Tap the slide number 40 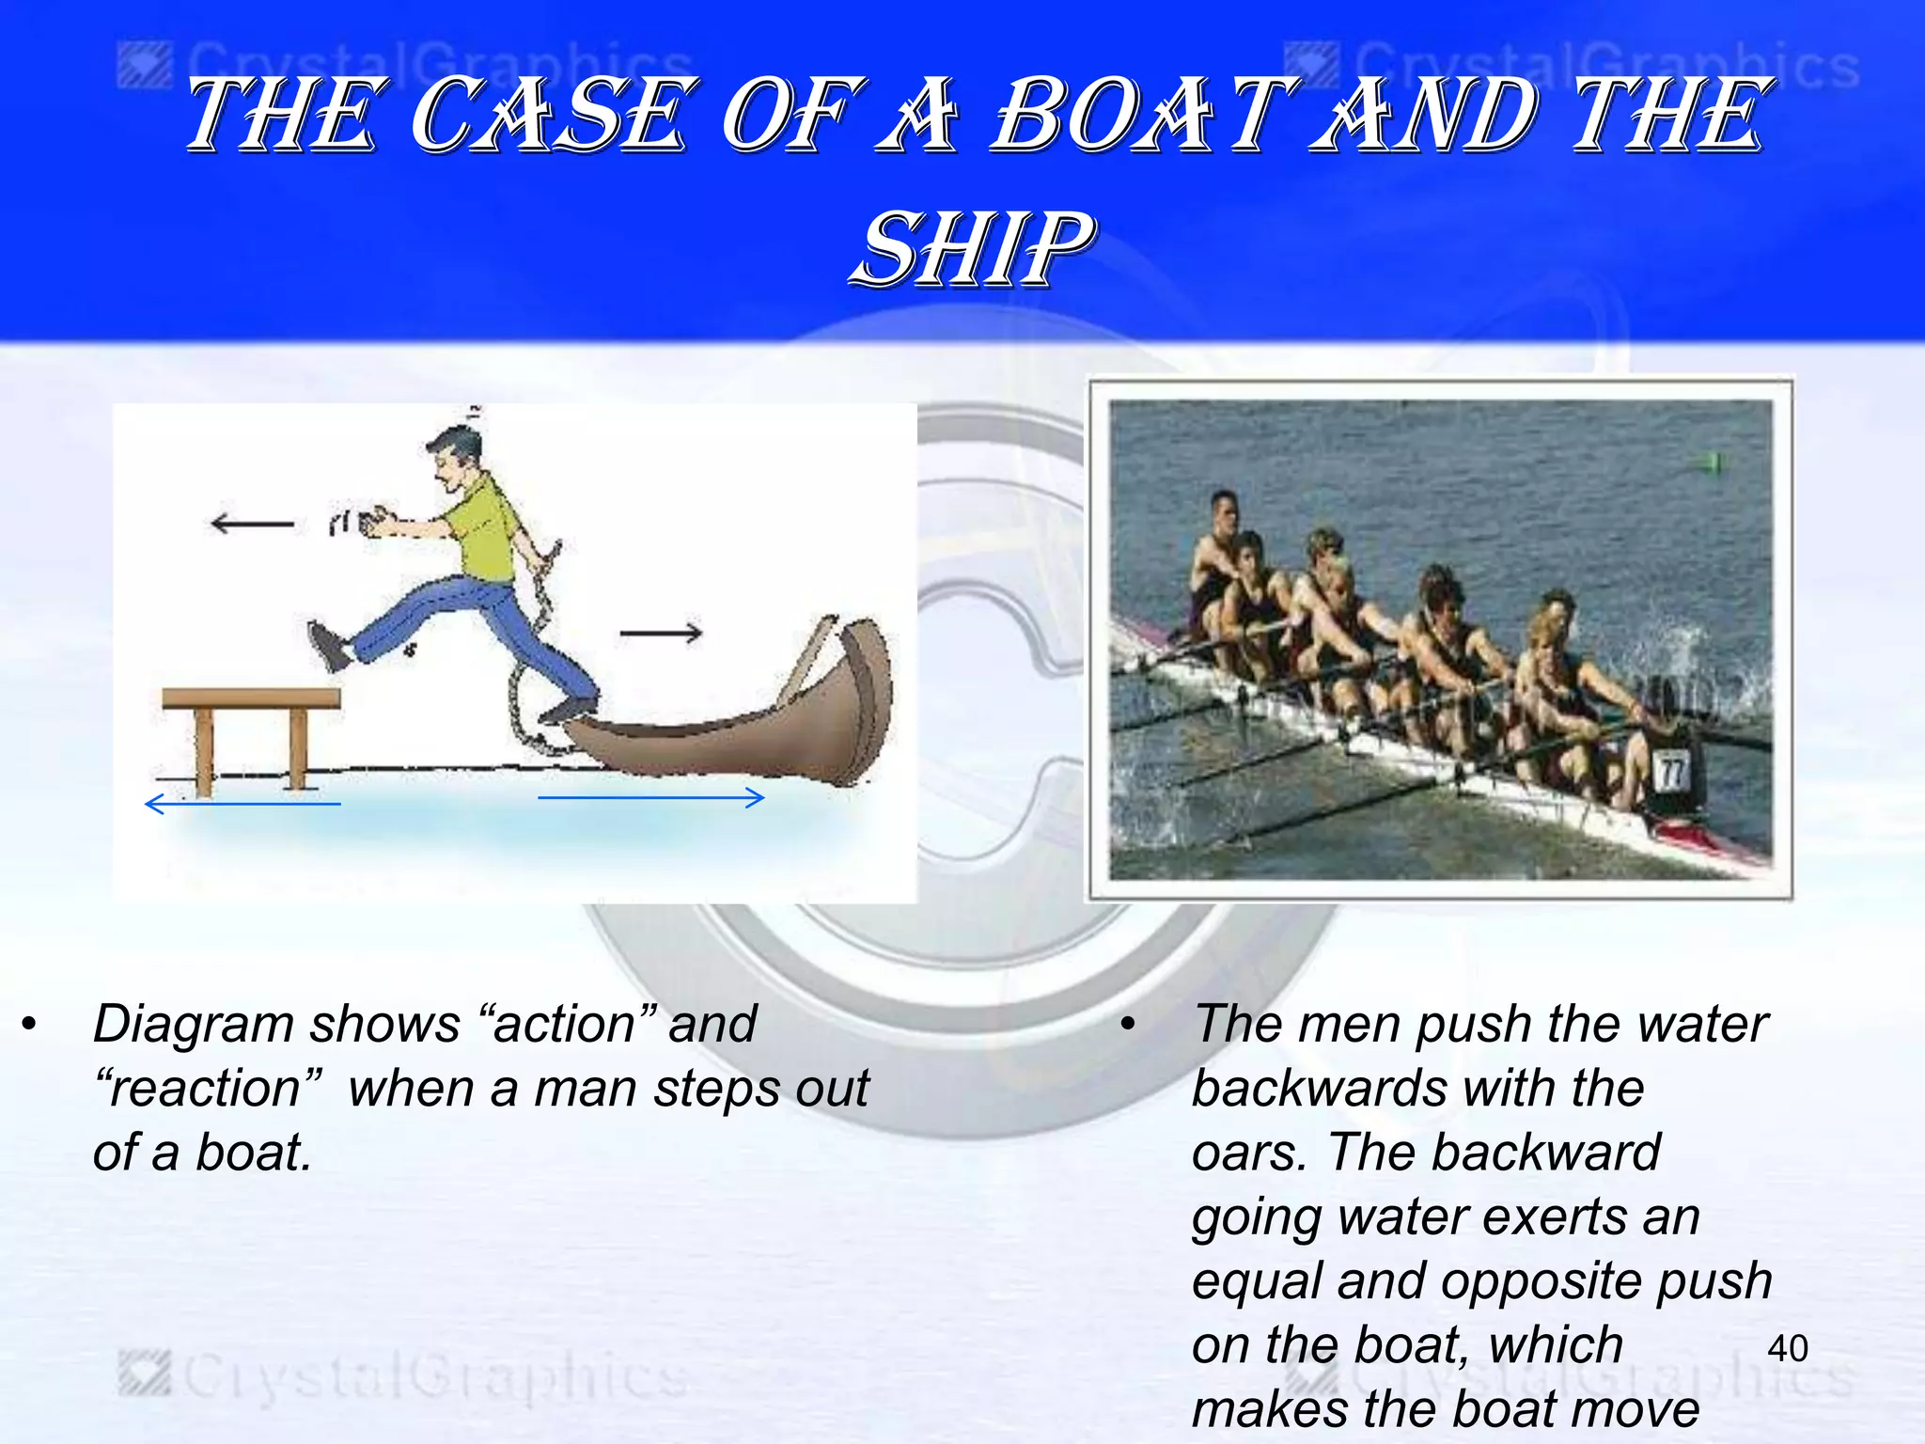pyautogui.click(x=1787, y=1349)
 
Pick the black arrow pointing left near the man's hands pyautogui.click(x=252, y=523)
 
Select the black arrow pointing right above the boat pyautogui.click(x=661, y=633)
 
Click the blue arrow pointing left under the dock pyautogui.click(x=243, y=804)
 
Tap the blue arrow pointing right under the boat pyautogui.click(x=650, y=798)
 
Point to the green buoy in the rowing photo pyautogui.click(x=1712, y=462)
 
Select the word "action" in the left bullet pyautogui.click(x=563, y=1024)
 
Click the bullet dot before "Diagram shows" pyautogui.click(x=30, y=1024)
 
